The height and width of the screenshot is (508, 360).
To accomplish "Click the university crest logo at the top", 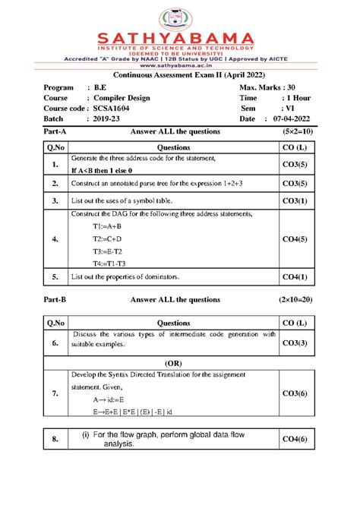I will coord(179,16).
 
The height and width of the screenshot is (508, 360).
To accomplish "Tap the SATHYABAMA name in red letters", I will coord(179,37).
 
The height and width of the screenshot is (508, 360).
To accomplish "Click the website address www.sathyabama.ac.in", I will coord(179,65).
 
